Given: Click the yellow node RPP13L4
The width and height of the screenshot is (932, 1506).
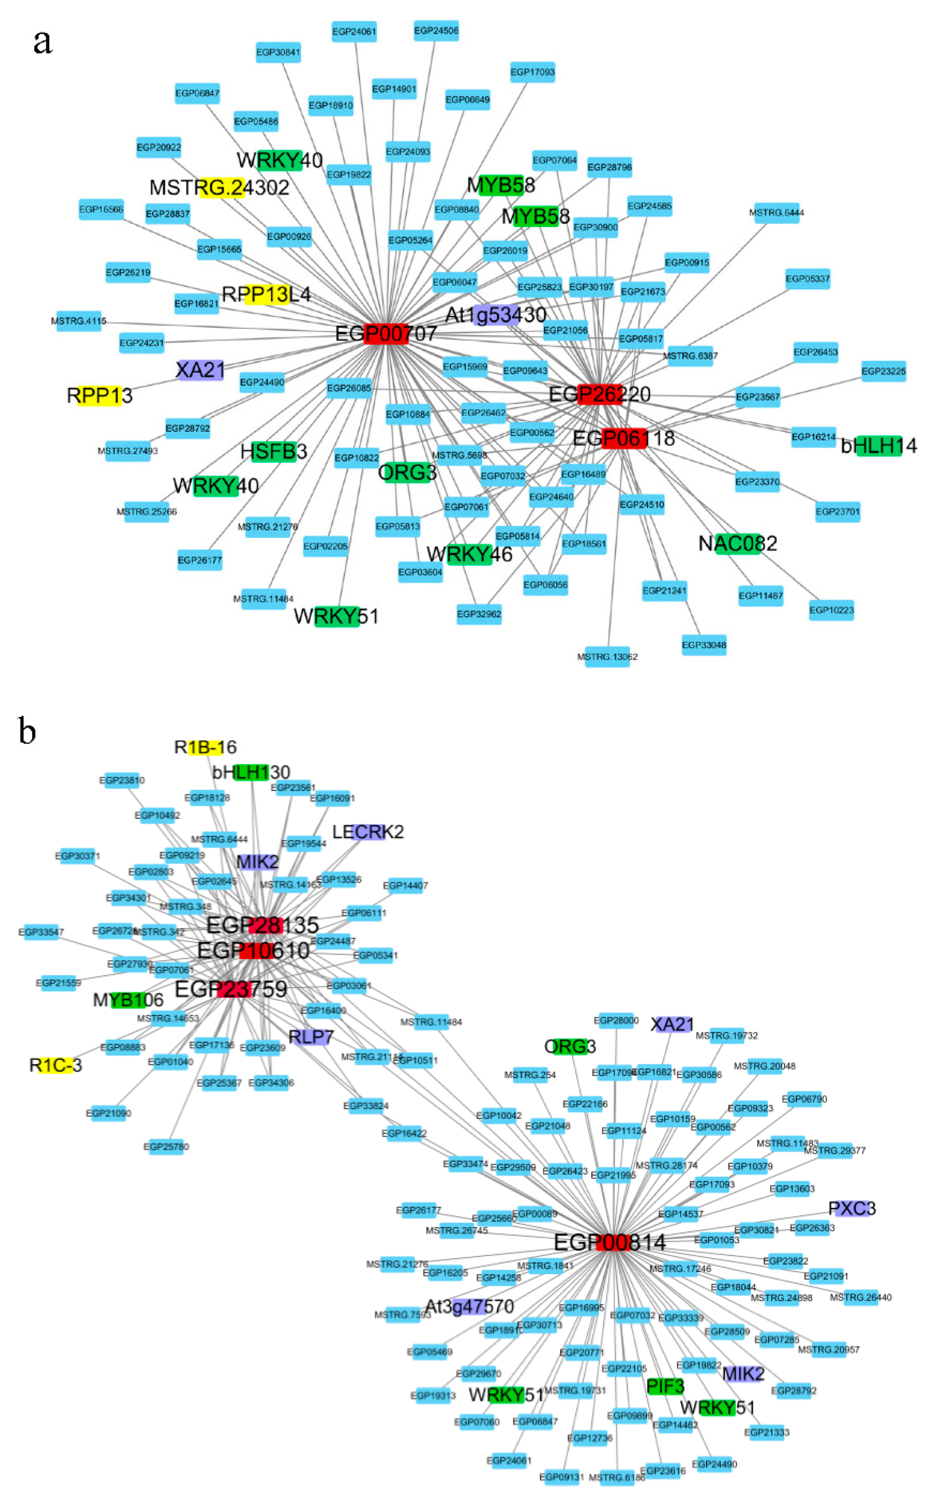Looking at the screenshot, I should point(266,295).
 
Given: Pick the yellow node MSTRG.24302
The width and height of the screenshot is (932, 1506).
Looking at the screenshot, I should point(221,187).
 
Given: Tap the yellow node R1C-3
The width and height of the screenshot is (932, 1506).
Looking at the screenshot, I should point(55,1065).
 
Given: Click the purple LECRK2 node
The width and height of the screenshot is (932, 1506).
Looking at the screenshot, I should point(368,832).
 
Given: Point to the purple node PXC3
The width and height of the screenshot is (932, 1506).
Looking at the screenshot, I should point(851,1208).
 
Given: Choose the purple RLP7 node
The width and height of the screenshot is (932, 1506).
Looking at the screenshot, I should point(311,1037).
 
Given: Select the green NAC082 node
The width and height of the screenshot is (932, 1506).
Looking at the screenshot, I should point(738,544).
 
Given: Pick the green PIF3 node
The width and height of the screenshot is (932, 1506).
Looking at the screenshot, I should point(665,1386).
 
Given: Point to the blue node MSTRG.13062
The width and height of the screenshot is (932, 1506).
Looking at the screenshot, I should point(607,657).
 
